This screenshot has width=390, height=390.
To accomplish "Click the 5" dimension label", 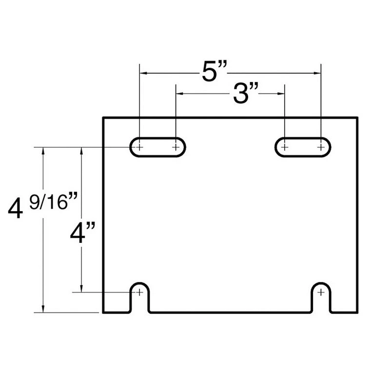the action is [x=214, y=71].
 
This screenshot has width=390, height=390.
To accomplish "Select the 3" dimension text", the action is [x=246, y=93].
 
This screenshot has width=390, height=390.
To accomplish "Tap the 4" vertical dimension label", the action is [x=82, y=233].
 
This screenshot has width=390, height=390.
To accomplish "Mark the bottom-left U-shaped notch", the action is [x=140, y=283].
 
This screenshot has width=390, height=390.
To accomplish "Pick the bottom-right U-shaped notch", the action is [x=321, y=283].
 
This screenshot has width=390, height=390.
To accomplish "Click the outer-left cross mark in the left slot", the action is [x=139, y=147].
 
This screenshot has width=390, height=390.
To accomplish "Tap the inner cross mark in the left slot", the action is [x=176, y=147].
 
